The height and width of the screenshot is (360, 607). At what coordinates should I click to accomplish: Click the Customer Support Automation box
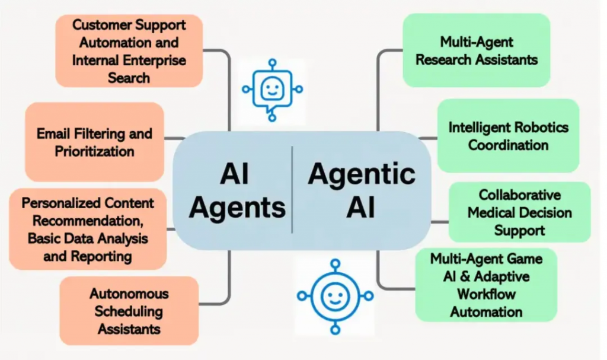tap(129, 51)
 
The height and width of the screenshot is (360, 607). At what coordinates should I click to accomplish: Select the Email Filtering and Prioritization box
tap(94, 142)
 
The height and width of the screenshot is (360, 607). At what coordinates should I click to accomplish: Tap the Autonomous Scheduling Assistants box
tap(129, 310)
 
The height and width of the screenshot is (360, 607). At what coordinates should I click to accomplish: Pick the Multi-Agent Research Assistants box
tap(476, 50)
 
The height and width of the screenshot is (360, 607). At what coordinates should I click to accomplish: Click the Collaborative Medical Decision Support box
tap(519, 212)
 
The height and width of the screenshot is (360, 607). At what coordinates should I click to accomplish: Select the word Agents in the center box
tap(237, 208)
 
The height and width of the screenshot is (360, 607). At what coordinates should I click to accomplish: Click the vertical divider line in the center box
tap(292, 190)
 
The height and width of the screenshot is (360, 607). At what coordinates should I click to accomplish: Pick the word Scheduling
tap(129, 311)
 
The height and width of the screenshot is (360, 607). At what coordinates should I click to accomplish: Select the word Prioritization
tap(94, 151)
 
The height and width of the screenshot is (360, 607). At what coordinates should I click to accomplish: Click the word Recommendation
tap(87, 221)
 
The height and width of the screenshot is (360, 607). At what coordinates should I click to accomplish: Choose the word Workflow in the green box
tap(486, 294)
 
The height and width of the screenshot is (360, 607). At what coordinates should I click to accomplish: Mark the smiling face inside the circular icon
tap(335, 295)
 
